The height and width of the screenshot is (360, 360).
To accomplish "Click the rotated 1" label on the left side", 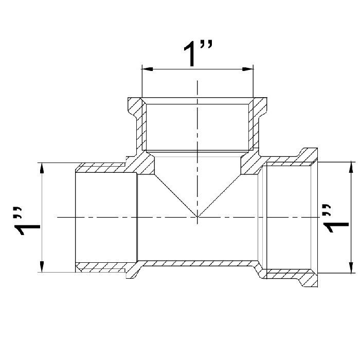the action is (27, 221).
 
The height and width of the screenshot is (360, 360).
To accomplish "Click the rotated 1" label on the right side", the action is (336, 219).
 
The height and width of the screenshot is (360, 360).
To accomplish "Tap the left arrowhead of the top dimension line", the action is (148, 69).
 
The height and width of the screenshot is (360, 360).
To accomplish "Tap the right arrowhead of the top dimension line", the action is (248, 69).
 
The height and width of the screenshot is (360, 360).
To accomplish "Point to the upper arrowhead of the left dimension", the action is (42, 168).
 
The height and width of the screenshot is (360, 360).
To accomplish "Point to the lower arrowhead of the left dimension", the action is (42, 266).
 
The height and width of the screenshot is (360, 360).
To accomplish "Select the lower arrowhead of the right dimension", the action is (351, 267).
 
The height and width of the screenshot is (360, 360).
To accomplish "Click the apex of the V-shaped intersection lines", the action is (197, 217).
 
